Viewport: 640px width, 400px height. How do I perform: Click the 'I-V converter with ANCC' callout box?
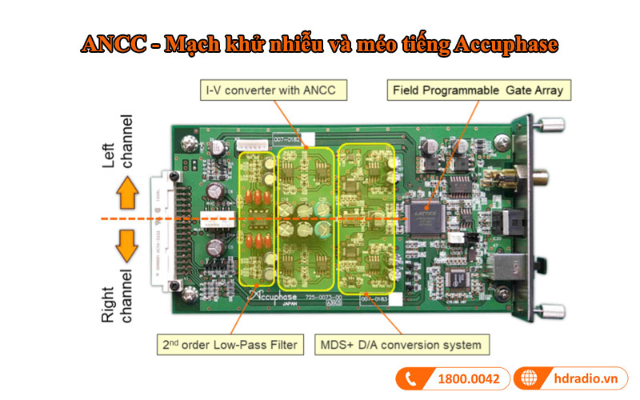coord(273,90)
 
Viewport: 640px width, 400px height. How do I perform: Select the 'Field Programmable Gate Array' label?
coord(478,90)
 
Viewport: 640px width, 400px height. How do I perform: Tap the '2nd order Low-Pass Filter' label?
coord(230,346)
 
